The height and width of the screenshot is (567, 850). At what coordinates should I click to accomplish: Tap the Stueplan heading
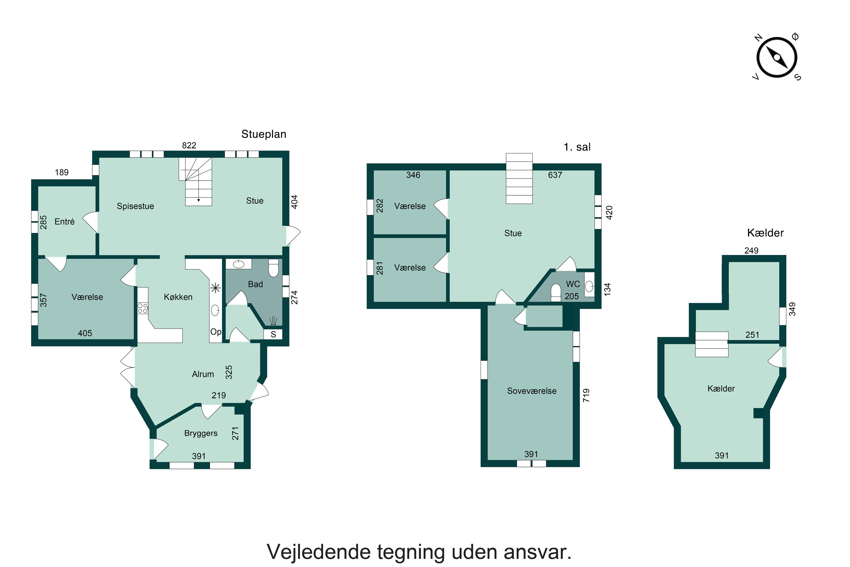[x=263, y=134]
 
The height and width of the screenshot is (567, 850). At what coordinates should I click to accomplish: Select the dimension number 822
[x=189, y=145]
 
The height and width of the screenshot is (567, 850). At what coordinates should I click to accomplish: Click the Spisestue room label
[x=135, y=206]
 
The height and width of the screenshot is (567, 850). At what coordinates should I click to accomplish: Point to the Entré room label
[x=64, y=222]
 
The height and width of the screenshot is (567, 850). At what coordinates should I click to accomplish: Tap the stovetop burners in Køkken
[x=143, y=308]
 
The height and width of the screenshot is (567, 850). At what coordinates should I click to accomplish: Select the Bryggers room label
[x=201, y=433]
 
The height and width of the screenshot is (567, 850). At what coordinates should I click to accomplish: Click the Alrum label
[x=203, y=374]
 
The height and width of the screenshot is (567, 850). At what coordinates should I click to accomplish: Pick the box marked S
[x=273, y=335]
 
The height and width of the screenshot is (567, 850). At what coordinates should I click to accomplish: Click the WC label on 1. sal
[x=573, y=284]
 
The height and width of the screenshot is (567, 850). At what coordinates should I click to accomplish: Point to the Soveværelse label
[x=531, y=391]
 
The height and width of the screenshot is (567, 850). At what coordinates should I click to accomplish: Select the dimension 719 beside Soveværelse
[x=586, y=395]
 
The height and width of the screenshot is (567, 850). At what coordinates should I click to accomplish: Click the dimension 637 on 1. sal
[x=555, y=175]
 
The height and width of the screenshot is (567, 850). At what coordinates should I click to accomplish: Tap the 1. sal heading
[x=577, y=147]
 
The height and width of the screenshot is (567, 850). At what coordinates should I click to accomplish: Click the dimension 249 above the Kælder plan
[x=751, y=251]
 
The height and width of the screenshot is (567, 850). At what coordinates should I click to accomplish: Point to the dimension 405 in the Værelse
[x=85, y=333]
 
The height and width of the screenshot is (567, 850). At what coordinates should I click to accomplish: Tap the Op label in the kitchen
[x=215, y=332]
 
